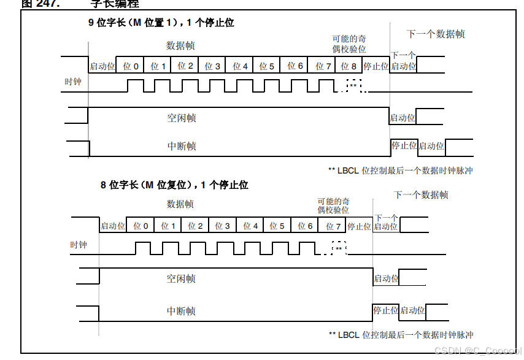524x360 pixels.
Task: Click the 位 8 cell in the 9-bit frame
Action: click(x=349, y=66)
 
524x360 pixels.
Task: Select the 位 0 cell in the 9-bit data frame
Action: click(x=131, y=66)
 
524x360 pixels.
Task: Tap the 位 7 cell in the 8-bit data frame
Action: click(x=333, y=226)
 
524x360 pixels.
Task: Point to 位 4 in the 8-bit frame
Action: click(x=250, y=226)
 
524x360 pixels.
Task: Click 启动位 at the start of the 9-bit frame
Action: click(x=102, y=66)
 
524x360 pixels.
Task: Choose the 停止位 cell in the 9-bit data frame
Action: click(x=376, y=66)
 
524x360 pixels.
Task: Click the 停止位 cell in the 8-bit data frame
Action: click(x=359, y=226)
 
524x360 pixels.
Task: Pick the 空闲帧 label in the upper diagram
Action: click(x=182, y=118)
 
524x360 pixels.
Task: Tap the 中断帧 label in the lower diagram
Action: click(x=181, y=311)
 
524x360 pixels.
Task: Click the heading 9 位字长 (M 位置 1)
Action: click(x=160, y=23)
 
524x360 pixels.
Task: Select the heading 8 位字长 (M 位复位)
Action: click(x=174, y=185)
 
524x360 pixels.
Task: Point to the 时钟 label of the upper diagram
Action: click(x=72, y=82)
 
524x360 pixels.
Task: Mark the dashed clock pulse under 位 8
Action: click(x=354, y=85)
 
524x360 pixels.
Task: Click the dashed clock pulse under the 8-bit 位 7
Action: click(x=339, y=248)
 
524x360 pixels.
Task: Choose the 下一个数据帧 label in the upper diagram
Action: click(x=436, y=34)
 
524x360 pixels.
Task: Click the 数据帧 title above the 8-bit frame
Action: click(x=180, y=204)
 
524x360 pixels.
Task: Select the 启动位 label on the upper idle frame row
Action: click(x=403, y=118)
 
